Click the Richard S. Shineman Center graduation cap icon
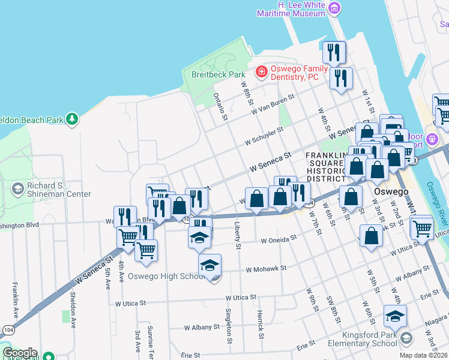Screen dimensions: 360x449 17,189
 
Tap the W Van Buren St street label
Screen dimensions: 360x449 274,104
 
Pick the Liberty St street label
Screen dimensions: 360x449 238,238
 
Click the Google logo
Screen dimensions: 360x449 20,353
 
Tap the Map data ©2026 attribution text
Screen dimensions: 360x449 423,355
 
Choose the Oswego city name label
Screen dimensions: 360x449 391,191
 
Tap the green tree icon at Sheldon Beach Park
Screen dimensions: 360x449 72,119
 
